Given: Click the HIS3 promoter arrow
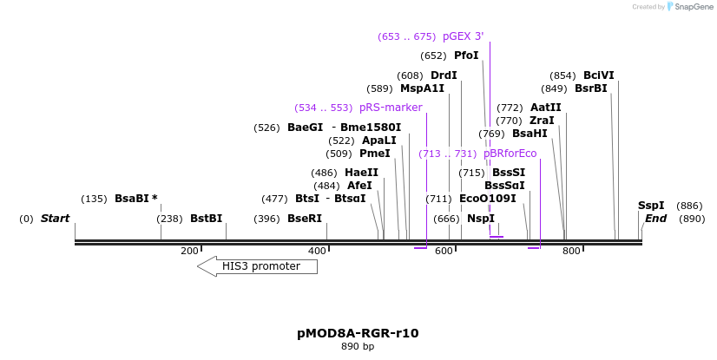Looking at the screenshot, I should point(258,266).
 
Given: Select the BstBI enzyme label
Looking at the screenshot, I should point(206,219).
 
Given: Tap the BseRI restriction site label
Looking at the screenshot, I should point(304,219).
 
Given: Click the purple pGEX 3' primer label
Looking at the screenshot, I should point(463,36).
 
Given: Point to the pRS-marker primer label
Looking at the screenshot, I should point(391,108).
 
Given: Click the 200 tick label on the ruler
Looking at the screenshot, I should point(189,251).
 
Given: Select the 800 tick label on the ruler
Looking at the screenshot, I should point(571,251).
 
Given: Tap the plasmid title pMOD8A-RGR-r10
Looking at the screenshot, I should point(358,333).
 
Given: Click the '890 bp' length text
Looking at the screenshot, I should point(358,347).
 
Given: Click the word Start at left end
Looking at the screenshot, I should point(55,219).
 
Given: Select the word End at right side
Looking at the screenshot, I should point(655,219).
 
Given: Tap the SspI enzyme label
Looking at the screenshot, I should point(651,206).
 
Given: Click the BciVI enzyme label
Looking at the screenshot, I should point(598,75).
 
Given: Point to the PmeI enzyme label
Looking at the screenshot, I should point(374,154).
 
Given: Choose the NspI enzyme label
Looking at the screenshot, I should point(480,219).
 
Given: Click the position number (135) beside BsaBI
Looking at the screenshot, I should point(94,199).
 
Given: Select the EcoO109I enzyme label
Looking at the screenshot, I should point(487,199).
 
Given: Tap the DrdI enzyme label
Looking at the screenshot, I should point(444,75).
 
